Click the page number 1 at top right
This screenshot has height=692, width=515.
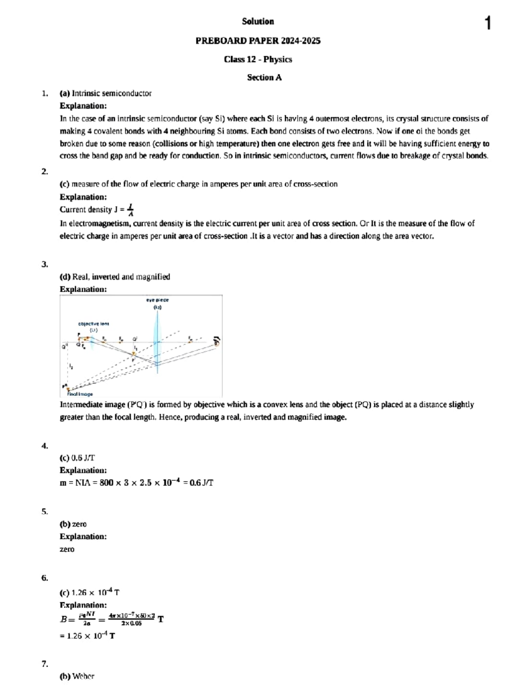[488, 23]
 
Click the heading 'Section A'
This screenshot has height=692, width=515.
[264, 78]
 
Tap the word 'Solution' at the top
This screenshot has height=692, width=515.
[257, 21]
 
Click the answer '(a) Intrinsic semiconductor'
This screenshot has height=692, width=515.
[106, 93]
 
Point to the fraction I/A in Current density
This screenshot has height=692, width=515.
[130, 210]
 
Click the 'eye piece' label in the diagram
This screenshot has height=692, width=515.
[158, 300]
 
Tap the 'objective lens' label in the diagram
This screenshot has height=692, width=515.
[94, 324]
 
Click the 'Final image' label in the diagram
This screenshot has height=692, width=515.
[80, 394]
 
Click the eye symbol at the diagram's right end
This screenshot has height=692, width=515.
[217, 341]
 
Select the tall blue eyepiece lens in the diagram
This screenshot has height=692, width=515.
[157, 339]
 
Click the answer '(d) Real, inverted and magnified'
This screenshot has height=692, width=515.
[115, 277]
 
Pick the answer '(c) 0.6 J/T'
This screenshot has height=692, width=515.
[77, 458]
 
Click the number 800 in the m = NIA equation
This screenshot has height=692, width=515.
[106, 483]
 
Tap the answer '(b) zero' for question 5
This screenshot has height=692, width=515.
[73, 524]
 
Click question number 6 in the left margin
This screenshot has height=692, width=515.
[45, 578]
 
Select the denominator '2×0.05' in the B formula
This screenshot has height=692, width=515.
[131, 623]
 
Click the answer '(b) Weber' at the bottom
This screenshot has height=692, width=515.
[77, 677]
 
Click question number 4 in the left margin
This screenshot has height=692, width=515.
[45, 446]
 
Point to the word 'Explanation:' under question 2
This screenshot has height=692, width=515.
[83, 197]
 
